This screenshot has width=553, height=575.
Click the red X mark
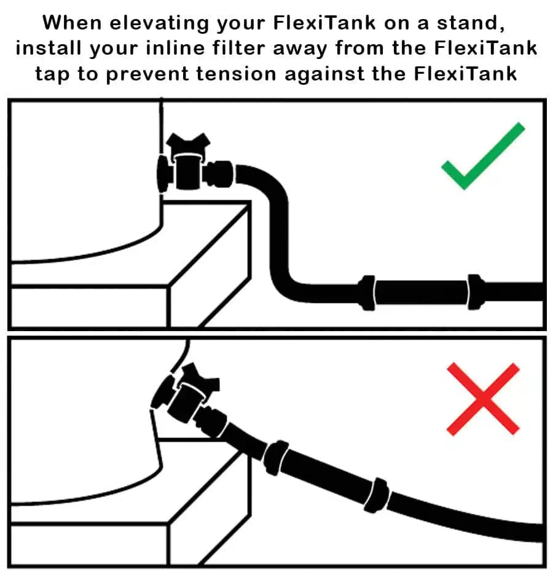click(483, 399)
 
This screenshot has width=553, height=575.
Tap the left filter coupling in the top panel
click(367, 291)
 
